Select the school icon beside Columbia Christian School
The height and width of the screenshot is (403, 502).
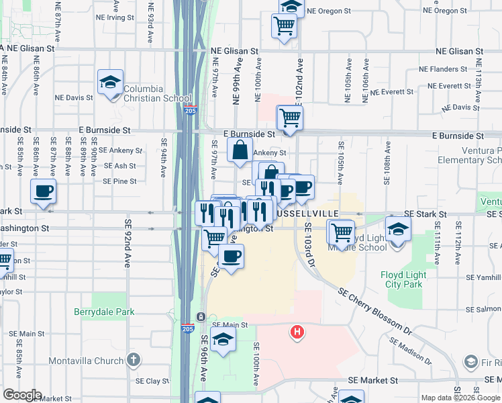pyautogui.click(x=110, y=83)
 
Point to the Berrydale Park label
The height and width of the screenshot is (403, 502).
pyautogui.click(x=105, y=312)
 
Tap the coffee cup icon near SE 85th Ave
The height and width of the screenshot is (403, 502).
pyautogui.click(x=44, y=191)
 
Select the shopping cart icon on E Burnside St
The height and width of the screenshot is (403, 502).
pyautogui.click(x=289, y=118)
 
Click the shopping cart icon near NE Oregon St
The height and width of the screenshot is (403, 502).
pyautogui.click(x=284, y=26)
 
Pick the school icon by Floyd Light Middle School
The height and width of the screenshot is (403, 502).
pyautogui.click(x=398, y=230)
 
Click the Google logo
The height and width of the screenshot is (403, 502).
pyautogui.click(x=21, y=395)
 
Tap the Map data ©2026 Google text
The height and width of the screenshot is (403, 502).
pyautogui.click(x=460, y=398)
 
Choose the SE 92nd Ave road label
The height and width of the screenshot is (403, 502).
pyautogui.click(x=128, y=241)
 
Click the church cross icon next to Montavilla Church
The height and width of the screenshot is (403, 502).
pyautogui.click(x=134, y=361)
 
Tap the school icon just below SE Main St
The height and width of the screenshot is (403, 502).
pyautogui.click(x=223, y=341)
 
